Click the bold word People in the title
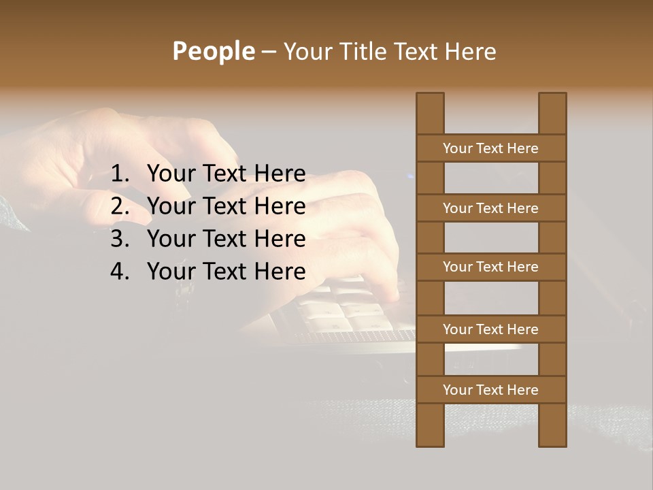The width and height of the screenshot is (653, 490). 213,52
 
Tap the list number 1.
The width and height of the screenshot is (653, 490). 119,174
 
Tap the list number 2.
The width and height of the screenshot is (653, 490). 119,207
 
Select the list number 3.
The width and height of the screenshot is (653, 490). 119,240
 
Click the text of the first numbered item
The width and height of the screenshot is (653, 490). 226,174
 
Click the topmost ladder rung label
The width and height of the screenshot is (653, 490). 490,148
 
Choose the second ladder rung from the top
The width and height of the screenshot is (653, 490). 490,208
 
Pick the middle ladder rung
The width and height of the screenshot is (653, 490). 490,267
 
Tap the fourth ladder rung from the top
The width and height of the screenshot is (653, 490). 490,329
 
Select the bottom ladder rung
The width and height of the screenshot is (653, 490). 490,390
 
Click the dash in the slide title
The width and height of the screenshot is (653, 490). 268,52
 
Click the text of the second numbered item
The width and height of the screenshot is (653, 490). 226,207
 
